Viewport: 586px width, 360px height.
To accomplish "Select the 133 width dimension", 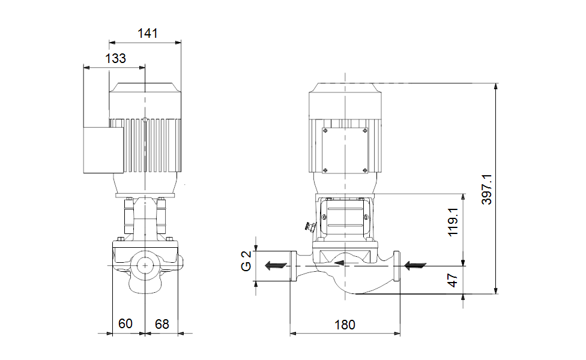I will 115,58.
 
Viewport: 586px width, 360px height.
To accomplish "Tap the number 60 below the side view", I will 125,324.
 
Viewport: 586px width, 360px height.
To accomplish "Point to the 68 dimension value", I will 162,324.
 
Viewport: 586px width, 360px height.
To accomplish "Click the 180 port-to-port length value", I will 345,325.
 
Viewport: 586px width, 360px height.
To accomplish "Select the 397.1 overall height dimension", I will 487,190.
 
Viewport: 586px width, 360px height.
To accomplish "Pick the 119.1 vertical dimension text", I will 453,222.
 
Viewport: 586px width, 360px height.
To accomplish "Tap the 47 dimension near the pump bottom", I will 453,280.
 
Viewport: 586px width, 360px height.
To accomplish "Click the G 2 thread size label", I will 246,262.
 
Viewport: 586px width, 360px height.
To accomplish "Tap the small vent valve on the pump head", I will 310,227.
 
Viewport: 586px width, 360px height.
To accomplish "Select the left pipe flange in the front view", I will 293,265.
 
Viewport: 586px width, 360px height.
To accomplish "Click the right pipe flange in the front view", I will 397,265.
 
